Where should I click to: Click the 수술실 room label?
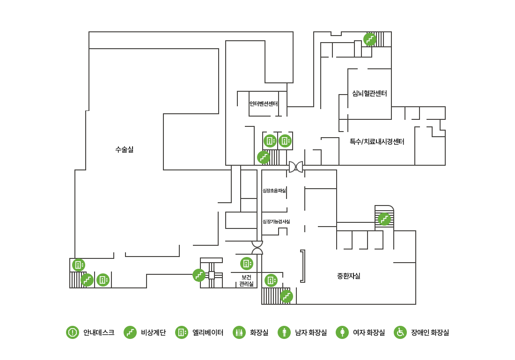[x=124, y=149]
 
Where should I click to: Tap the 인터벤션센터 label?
[x=264, y=103]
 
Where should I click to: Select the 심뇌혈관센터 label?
[x=369, y=93]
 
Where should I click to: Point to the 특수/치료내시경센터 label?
[x=377, y=141]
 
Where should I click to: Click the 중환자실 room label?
[x=348, y=276]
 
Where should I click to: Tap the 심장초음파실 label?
[x=274, y=191]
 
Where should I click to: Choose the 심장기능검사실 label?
[x=276, y=221]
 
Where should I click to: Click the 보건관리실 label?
[x=246, y=280]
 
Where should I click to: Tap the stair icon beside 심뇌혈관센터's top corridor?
[x=370, y=39]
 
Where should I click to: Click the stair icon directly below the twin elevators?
[x=264, y=157]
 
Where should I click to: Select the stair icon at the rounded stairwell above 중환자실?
[x=384, y=219]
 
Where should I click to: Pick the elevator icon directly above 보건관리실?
[x=246, y=263]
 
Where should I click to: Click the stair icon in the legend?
[x=130, y=332]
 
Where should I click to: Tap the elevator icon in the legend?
[x=181, y=332]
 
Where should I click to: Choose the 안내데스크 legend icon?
[x=72, y=332]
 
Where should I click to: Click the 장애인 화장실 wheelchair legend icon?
[x=400, y=332]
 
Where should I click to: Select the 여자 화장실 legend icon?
[x=342, y=332]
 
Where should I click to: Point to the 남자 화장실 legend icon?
[x=284, y=332]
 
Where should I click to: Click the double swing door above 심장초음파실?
[x=296, y=167]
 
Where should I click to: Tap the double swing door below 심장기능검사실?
[x=257, y=248]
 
